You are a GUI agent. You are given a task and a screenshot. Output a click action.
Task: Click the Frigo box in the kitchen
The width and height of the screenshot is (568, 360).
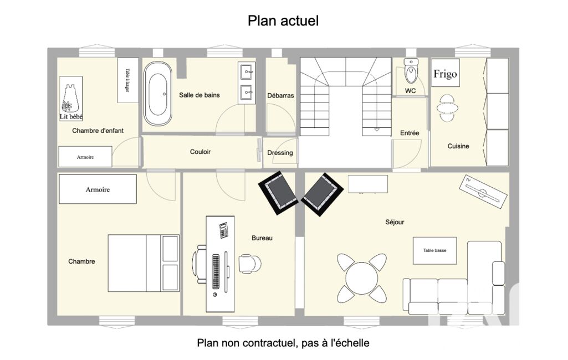[445, 73]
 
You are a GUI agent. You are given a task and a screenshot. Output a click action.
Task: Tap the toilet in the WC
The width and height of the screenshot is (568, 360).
[411, 71]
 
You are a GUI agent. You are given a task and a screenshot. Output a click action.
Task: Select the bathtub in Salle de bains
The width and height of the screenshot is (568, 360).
[157, 94]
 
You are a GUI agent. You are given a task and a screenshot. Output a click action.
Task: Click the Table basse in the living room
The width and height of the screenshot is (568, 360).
[434, 251]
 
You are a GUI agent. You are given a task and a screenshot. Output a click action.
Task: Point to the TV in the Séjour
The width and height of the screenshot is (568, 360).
[483, 192]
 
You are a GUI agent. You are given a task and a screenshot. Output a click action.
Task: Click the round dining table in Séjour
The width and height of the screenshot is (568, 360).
[361, 278]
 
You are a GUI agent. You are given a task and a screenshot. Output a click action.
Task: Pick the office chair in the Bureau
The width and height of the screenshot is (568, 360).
[249, 263]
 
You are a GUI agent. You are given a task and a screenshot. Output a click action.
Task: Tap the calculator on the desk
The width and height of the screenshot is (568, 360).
[223, 230]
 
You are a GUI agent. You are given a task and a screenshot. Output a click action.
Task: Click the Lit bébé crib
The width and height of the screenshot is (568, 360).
[70, 98]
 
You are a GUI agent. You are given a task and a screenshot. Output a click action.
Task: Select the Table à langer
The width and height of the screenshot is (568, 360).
[128, 80]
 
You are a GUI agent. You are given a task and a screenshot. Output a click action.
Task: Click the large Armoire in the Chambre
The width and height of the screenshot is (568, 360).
[98, 189]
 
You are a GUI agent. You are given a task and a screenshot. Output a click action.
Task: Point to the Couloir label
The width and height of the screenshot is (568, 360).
[200, 152]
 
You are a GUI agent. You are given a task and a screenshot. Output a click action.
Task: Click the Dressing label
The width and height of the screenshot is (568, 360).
[280, 153]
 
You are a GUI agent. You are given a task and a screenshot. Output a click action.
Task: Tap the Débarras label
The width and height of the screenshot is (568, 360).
[280, 96]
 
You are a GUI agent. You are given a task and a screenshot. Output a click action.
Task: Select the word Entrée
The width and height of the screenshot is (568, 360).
[410, 133]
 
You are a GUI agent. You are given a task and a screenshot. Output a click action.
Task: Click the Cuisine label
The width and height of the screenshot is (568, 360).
[458, 146]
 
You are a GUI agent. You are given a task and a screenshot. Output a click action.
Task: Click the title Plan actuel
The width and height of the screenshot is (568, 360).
[283, 20]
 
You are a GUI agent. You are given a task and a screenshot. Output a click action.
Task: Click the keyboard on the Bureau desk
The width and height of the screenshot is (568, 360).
[216, 271]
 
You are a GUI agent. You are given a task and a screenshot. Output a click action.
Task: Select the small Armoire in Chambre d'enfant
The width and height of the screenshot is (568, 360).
[85, 156]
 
